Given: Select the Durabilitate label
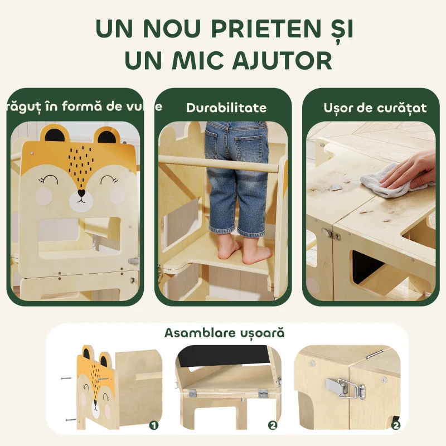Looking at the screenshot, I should tap(226, 108).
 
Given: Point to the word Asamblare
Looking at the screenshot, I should tap(195, 333).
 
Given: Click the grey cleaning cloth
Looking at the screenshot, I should tap(387, 183).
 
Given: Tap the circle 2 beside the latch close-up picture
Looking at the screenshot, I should tap(396, 425).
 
